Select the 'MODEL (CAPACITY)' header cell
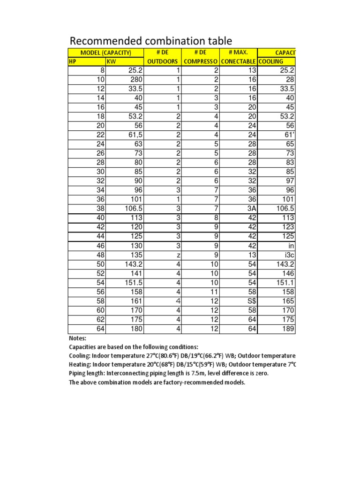106,52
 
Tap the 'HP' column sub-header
72,62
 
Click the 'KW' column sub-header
112,62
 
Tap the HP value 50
99,264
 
